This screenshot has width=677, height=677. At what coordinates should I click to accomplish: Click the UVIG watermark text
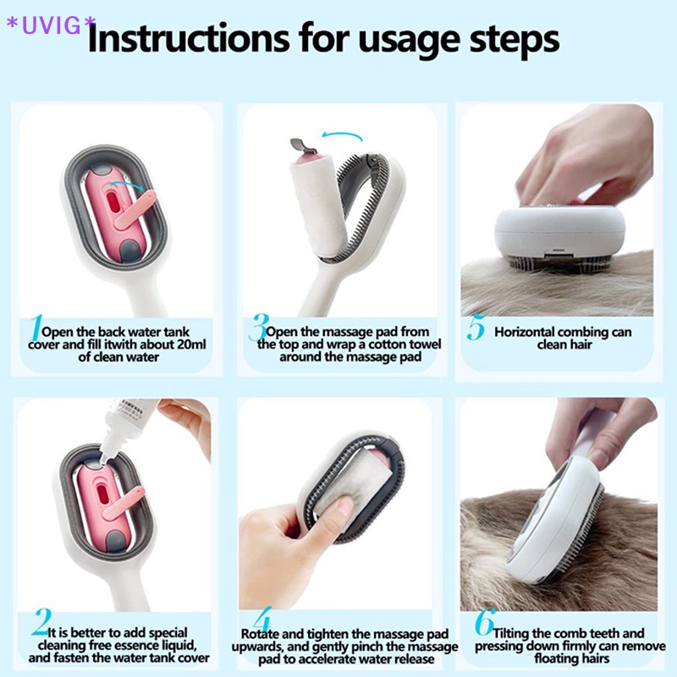click(51, 25)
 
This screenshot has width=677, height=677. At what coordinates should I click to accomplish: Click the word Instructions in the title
click(189, 38)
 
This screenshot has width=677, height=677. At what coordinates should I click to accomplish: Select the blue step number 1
click(36, 327)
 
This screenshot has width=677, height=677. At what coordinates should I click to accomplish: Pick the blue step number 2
click(41, 622)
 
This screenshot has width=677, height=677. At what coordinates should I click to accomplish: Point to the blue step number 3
click(259, 327)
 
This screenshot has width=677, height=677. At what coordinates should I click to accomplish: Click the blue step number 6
click(484, 621)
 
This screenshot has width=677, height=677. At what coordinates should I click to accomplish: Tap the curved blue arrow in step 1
click(129, 184)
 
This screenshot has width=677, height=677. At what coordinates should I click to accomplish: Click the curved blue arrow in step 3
click(342, 135)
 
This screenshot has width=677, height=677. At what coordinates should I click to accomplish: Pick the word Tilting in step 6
click(511, 634)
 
